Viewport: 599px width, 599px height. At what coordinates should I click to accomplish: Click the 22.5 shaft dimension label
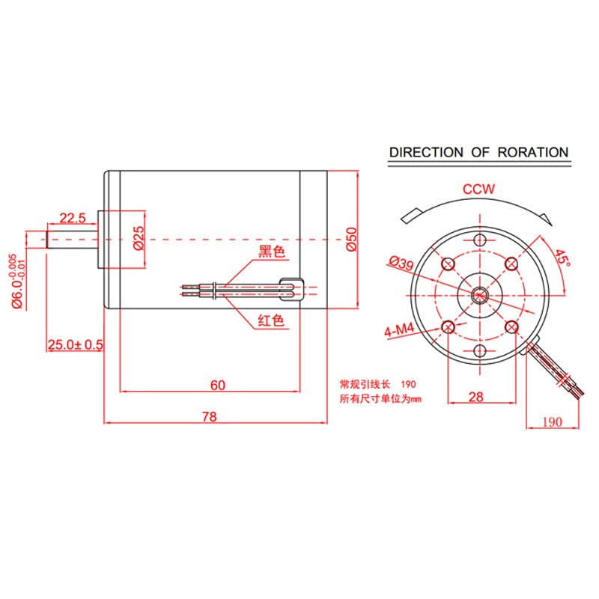[x=73, y=218]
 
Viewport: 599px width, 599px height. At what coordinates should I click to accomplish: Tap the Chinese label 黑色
[x=272, y=252]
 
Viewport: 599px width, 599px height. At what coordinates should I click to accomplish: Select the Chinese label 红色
[x=271, y=321]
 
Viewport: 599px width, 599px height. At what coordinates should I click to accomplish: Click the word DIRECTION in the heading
[x=426, y=152]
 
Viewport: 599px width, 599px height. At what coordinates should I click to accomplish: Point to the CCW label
[x=478, y=189]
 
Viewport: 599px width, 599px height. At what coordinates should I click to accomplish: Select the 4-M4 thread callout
[x=399, y=331]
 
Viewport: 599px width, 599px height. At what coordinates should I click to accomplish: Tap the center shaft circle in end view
[x=479, y=295]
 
